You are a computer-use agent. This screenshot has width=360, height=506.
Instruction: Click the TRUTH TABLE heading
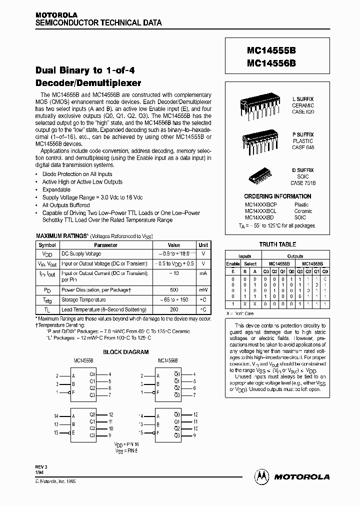[x=277, y=244]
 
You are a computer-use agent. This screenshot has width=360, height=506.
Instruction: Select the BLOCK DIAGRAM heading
[x=125, y=352]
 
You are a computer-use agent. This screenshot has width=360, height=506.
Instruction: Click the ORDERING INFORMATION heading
[x=277, y=196]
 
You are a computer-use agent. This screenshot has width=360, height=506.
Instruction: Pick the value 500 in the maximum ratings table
[x=173, y=289]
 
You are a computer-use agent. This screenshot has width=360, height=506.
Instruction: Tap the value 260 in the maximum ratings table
[x=173, y=309]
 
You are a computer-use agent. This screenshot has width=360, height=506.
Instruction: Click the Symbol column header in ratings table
[x=47, y=245]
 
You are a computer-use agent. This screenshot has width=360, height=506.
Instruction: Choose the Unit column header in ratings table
[x=203, y=245]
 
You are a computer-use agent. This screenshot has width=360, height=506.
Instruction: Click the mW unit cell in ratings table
[x=203, y=289]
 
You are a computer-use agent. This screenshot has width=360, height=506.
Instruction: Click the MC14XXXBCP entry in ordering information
[x=260, y=204]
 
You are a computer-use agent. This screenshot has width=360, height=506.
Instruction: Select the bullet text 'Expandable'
[x=56, y=189]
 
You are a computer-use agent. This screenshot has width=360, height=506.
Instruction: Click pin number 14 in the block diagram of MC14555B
[x=56, y=416]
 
